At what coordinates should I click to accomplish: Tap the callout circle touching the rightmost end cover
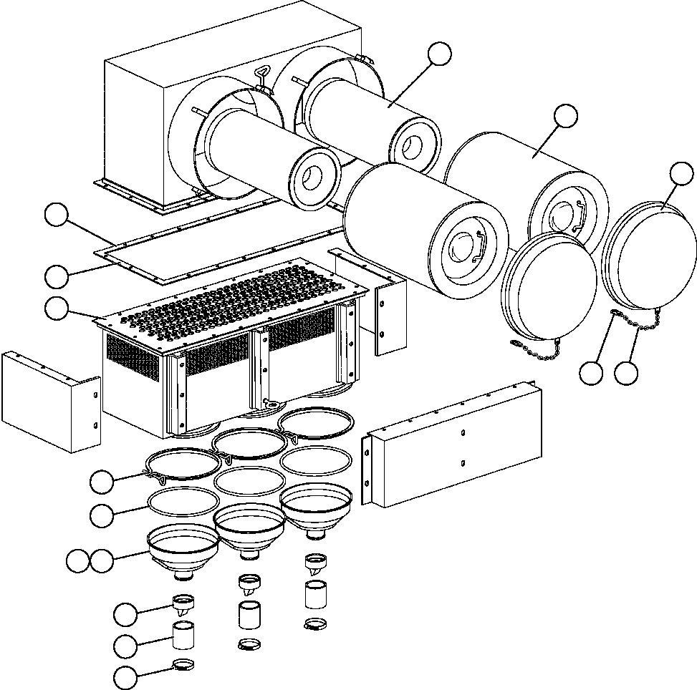[x=681, y=173]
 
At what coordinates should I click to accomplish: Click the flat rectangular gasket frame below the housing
[x=215, y=247]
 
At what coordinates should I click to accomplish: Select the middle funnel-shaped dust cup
[x=249, y=530]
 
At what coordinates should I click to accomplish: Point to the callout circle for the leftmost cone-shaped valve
[x=126, y=613]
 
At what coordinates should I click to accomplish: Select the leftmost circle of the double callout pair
[x=77, y=560]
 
